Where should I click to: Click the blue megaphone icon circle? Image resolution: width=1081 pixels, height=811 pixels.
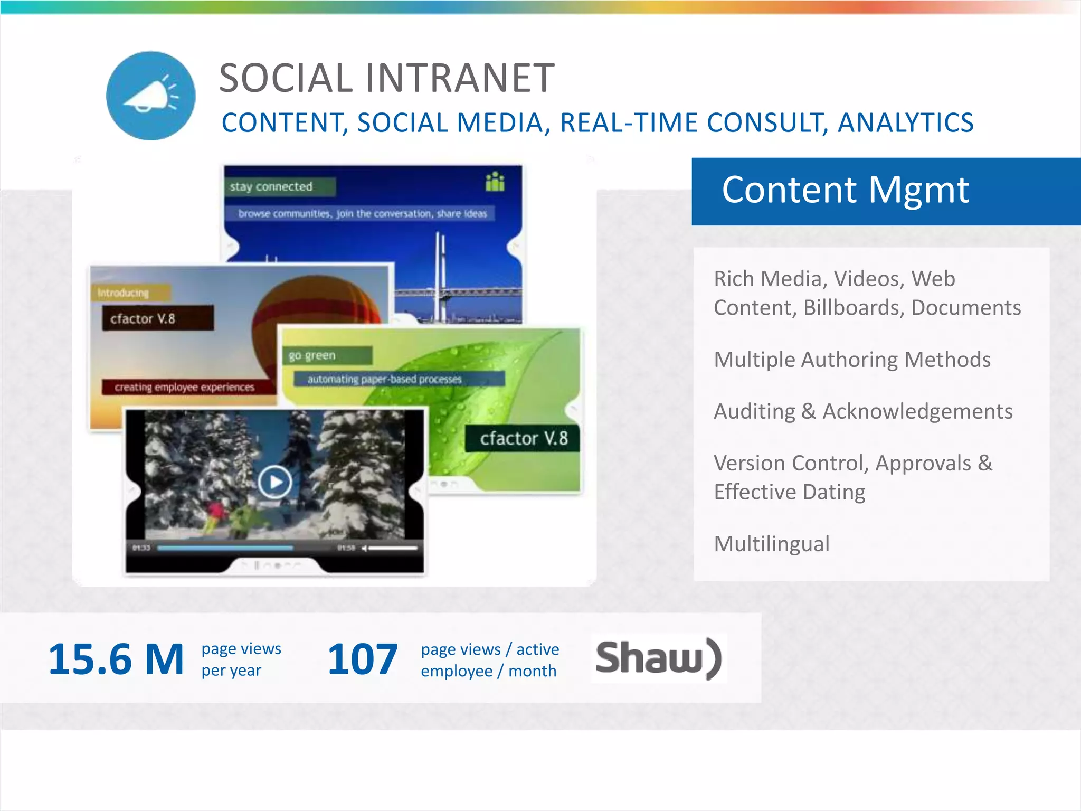click(x=150, y=96)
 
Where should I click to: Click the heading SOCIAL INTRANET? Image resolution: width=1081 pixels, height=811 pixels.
click(x=386, y=78)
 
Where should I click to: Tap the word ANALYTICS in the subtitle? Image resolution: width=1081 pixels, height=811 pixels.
click(x=905, y=123)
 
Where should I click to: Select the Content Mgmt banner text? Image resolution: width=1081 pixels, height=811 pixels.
click(x=845, y=190)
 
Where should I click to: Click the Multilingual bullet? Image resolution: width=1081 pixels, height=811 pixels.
click(x=771, y=544)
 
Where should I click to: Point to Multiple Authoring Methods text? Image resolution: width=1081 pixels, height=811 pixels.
click(x=852, y=360)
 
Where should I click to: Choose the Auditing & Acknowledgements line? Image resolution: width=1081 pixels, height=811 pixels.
click(x=863, y=411)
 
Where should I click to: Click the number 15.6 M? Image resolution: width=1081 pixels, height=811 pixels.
click(x=116, y=659)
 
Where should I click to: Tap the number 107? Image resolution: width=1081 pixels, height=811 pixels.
click(x=362, y=659)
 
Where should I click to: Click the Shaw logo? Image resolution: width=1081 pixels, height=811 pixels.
click(x=658, y=658)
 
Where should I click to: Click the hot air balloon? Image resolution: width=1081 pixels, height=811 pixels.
click(x=317, y=306)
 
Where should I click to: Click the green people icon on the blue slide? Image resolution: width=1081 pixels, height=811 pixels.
click(x=495, y=182)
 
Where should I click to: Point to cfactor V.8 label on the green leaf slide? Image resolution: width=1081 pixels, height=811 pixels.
click(x=523, y=438)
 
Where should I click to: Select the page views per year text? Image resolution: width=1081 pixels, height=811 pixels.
click(x=241, y=659)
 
